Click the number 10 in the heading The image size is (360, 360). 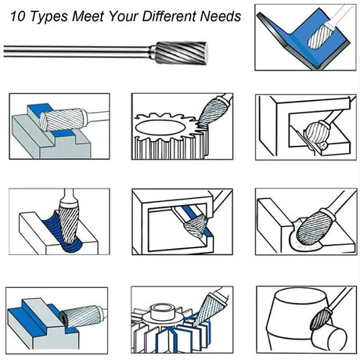click(x=18, y=16)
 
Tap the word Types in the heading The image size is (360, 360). click(x=49, y=17)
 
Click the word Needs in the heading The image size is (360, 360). click(x=221, y=16)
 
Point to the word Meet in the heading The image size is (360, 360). click(x=88, y=16)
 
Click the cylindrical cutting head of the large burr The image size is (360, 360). click(x=181, y=53)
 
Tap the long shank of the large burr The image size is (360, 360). click(x=77, y=52)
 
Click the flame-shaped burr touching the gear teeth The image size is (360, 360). click(x=212, y=112)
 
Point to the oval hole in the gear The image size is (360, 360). click(x=160, y=128)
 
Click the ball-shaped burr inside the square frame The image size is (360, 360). click(x=317, y=132)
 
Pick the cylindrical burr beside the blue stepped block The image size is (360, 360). click(x=81, y=316)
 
